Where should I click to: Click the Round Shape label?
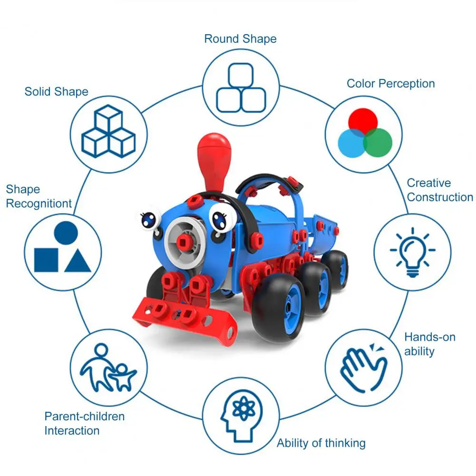click(x=240, y=39)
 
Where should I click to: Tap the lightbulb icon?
click(x=412, y=252)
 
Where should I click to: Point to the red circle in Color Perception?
click(x=363, y=120)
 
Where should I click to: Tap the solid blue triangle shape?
click(x=78, y=261)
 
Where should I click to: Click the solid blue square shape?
click(x=46, y=260)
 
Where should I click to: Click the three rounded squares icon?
click(x=240, y=87)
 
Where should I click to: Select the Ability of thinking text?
click(x=321, y=443)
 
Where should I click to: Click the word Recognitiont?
click(x=39, y=204)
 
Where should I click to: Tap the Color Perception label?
click(x=390, y=84)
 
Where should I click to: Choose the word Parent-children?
click(x=85, y=417)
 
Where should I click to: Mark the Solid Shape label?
click(x=57, y=91)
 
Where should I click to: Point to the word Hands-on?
click(x=430, y=337)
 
